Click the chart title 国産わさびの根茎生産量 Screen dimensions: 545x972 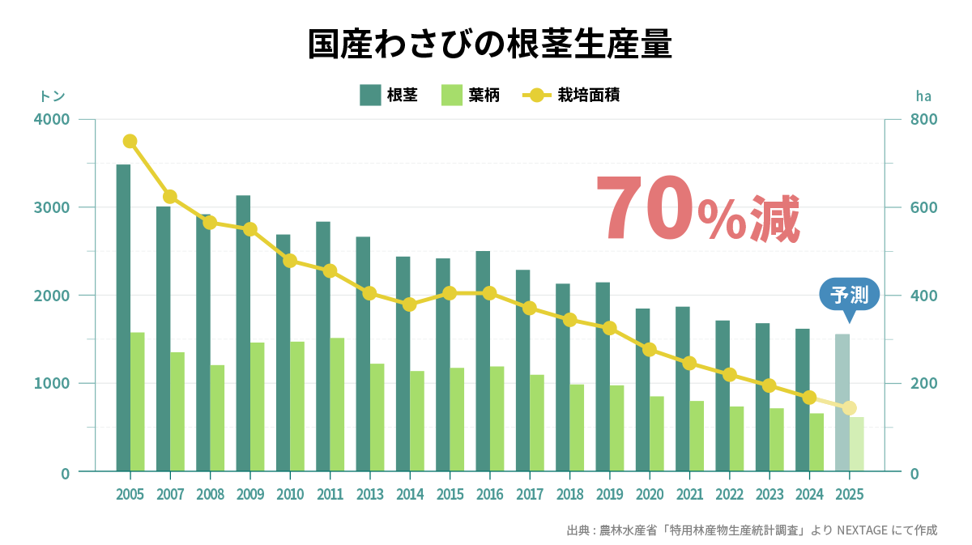point(490,45)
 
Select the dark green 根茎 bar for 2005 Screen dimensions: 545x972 point(123,317)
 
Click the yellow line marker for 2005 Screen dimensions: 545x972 point(130,142)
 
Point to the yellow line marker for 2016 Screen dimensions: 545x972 point(489,293)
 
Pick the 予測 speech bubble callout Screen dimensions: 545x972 point(849,295)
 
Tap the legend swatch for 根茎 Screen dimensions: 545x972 point(370,96)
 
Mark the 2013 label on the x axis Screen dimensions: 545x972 point(369,494)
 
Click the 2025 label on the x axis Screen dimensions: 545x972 point(849,494)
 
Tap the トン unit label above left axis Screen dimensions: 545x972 point(53,96)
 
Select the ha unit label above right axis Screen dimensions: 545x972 point(923,96)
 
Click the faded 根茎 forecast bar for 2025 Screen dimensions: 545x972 point(842,402)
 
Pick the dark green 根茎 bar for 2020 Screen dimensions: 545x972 point(642,389)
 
